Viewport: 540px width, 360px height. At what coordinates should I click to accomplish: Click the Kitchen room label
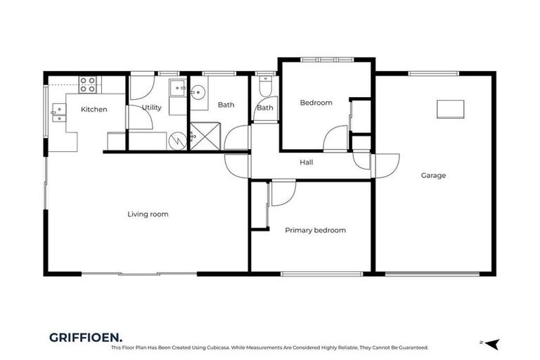point(94,109)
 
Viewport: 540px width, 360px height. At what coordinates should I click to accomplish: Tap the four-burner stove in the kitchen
point(88,84)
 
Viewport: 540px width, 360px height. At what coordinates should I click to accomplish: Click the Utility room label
point(152,108)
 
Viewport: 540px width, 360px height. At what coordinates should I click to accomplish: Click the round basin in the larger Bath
point(198,92)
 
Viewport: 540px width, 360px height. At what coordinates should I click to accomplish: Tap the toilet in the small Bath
point(264,87)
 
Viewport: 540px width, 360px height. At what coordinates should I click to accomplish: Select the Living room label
point(148,214)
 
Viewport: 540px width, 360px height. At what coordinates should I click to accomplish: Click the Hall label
point(307,162)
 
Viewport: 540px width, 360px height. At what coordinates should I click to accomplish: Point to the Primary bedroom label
point(315,230)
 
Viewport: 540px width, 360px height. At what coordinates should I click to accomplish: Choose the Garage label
point(433,176)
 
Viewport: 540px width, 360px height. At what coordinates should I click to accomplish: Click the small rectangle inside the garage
point(450,108)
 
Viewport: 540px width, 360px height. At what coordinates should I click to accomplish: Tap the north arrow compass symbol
point(491,343)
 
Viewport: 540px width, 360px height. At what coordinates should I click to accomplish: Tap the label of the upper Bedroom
point(316,103)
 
